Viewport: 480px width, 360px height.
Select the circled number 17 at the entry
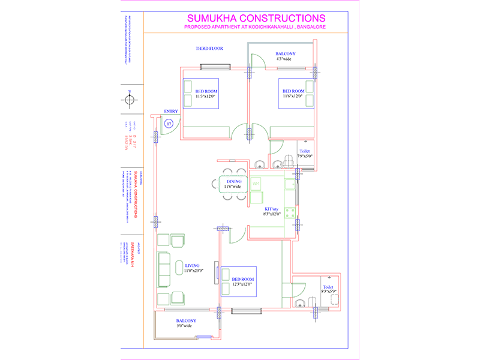pyautogui.click(x=169, y=123)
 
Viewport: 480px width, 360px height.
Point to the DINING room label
pyautogui.click(x=234, y=181)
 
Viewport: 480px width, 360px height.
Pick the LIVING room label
pyautogui.click(x=192, y=265)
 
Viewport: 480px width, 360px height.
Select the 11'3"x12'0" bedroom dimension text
pyautogui.click(x=206, y=96)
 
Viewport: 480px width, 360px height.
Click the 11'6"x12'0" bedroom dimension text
pyautogui.click(x=294, y=96)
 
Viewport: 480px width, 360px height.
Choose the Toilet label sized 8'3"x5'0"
pyautogui.click(x=328, y=287)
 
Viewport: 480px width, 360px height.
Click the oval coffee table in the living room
pyautogui.click(x=180, y=267)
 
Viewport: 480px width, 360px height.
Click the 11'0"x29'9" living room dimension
pyautogui.click(x=193, y=271)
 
